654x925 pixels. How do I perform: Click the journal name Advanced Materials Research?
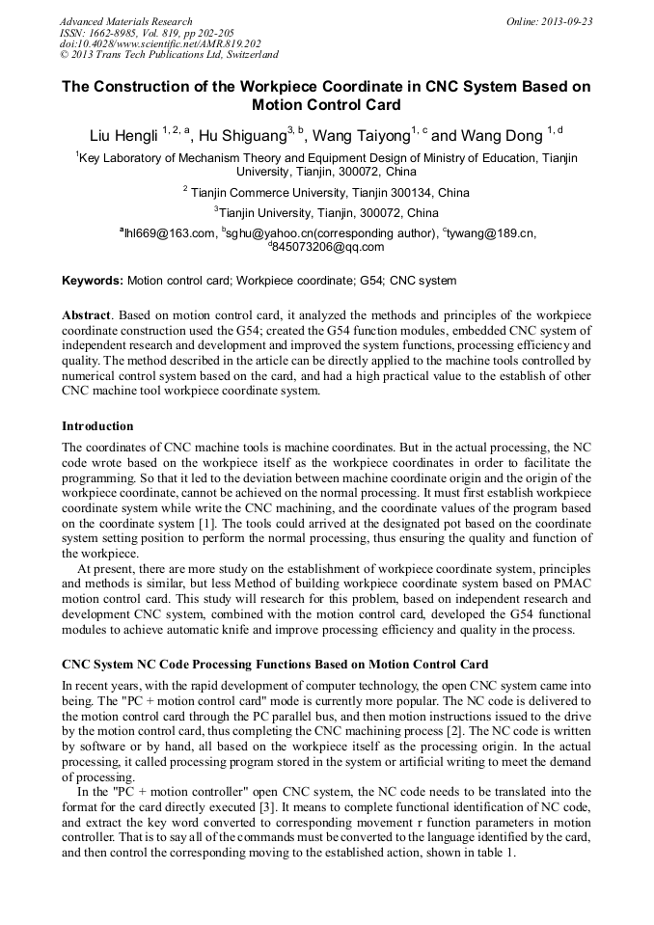coord(125,21)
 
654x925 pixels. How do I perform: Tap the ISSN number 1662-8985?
coord(116,33)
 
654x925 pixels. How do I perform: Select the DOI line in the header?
coord(160,44)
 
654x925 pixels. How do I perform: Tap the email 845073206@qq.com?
coord(329,247)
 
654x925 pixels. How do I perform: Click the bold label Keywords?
coord(93,281)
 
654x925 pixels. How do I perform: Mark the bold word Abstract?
coord(87,316)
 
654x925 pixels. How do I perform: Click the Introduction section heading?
coord(97,426)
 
